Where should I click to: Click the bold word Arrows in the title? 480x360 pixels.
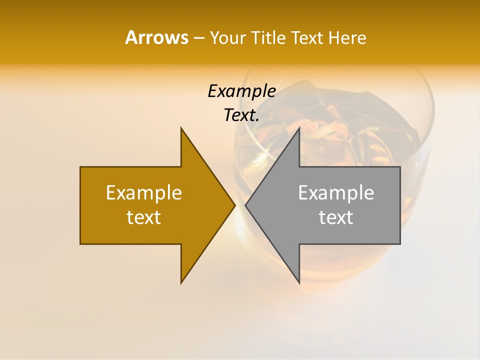(x=156, y=37)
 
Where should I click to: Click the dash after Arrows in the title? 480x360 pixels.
(x=198, y=38)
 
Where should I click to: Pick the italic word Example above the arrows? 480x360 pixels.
(x=241, y=91)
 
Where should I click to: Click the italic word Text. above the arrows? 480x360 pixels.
(x=241, y=115)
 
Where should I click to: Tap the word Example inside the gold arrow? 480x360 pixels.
(x=144, y=192)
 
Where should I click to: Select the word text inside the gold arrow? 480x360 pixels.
(x=144, y=217)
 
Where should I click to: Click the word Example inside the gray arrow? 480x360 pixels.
(x=336, y=192)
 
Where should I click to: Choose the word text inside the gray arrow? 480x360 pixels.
(x=336, y=217)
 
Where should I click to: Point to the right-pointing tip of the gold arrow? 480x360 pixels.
(x=234, y=205)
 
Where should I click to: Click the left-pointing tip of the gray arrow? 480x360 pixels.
(x=246, y=205)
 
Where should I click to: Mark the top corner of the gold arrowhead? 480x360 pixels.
(x=181, y=128)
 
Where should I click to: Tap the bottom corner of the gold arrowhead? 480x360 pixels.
(x=181, y=283)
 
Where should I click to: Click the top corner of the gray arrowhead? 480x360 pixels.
(x=299, y=128)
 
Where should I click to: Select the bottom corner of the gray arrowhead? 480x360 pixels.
(x=299, y=283)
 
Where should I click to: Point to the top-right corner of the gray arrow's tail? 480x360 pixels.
(x=400, y=167)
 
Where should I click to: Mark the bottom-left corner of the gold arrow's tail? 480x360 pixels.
(x=80, y=244)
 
